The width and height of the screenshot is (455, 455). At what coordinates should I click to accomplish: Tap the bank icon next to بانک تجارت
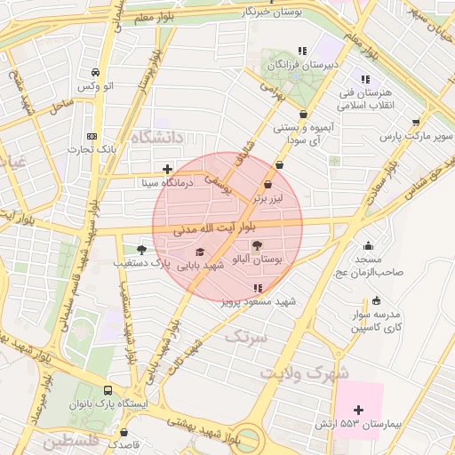coord(92,136)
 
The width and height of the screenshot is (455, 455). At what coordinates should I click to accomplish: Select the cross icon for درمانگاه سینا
coord(167,169)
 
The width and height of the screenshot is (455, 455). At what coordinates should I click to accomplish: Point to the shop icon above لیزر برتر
coord(267,185)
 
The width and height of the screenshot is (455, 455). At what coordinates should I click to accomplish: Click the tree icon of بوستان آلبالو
coord(258,245)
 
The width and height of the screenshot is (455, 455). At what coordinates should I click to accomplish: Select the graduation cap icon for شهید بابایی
coord(198,251)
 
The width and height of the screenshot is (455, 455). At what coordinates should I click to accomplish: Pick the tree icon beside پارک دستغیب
coord(141,250)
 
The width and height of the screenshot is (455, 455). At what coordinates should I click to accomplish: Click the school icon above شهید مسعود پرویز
coord(258,288)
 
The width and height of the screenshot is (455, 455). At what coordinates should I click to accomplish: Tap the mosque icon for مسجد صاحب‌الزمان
coord(369,246)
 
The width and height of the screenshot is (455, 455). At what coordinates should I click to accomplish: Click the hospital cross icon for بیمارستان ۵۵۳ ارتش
coord(358,410)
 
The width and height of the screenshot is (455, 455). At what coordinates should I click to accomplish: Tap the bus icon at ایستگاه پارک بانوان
coord(108,390)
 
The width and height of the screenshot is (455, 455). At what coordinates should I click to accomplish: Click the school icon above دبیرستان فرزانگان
coord(302,51)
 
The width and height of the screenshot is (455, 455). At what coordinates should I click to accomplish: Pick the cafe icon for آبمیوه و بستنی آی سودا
coord(304,115)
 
